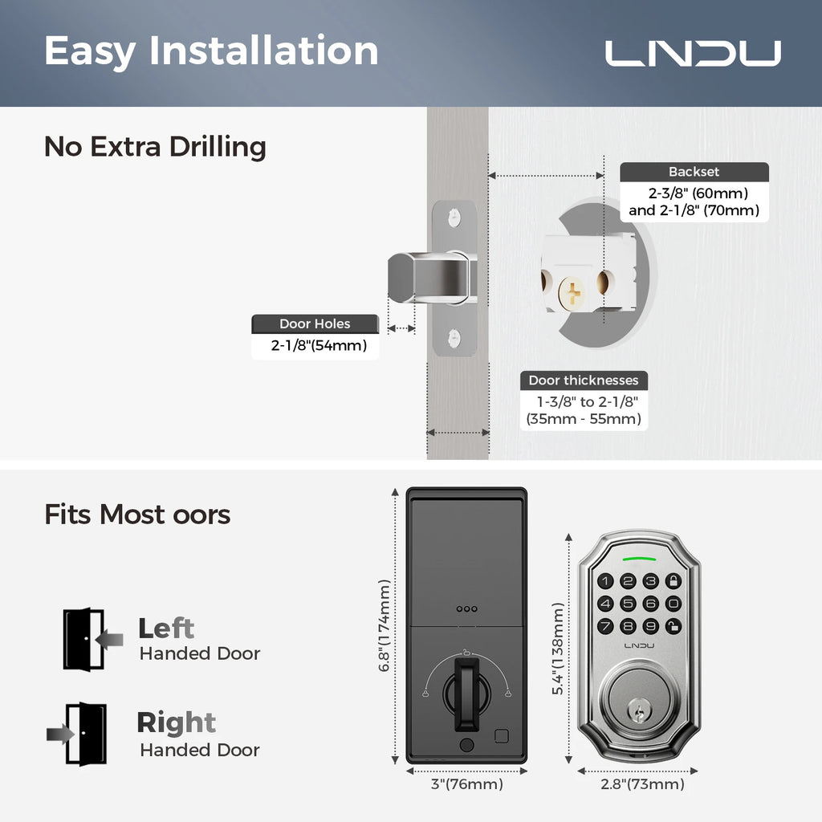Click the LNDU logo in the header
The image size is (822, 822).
click(x=692, y=53)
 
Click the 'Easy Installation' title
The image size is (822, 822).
click(x=211, y=51)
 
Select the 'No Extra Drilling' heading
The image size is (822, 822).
click(x=155, y=147)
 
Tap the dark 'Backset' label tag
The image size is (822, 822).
click(x=694, y=172)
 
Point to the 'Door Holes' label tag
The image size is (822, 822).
click(x=315, y=324)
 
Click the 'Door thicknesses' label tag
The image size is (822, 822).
click(x=584, y=380)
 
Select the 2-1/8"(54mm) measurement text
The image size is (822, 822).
click(x=315, y=347)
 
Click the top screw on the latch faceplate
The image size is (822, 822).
click(x=454, y=218)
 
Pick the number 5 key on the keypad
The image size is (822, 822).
click(x=629, y=604)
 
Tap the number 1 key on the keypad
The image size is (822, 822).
click(x=606, y=581)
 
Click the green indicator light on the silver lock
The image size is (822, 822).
click(x=639, y=558)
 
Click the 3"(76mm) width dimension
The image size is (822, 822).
click(x=466, y=784)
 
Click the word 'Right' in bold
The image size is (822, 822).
click(x=176, y=722)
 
